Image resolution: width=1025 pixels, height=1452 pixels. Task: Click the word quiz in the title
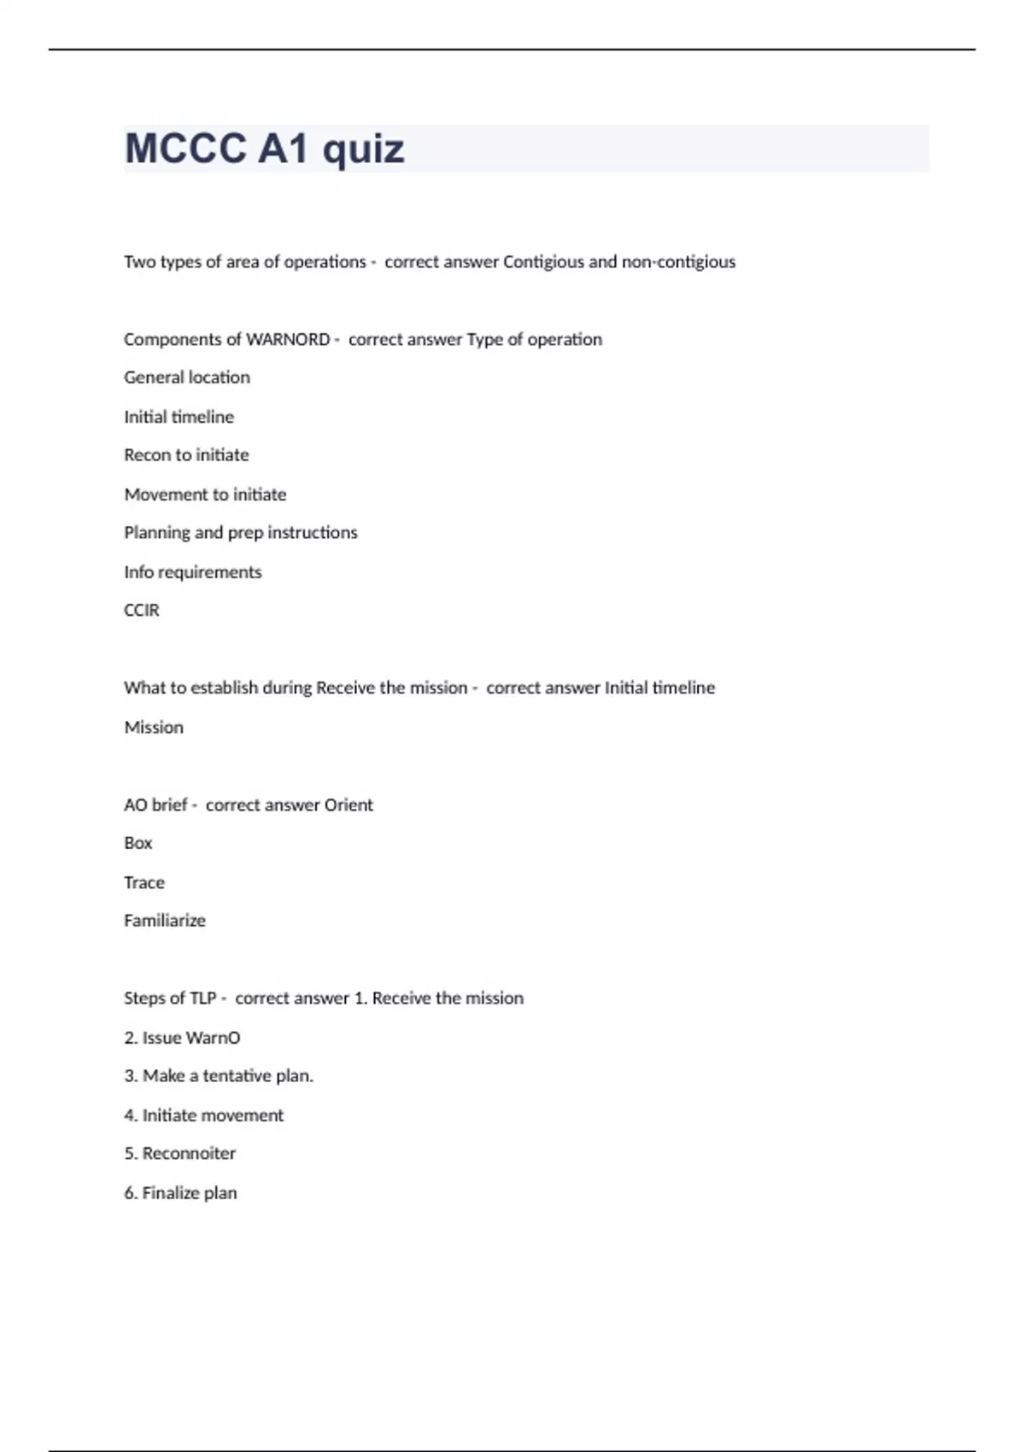point(363,149)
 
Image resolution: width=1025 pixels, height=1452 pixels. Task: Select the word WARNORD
point(288,340)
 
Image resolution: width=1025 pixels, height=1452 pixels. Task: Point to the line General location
point(187,378)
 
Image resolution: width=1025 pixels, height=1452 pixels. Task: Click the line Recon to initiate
point(186,455)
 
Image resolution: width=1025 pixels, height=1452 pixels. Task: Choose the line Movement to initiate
point(205,495)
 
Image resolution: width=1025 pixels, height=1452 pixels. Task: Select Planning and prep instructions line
point(241,533)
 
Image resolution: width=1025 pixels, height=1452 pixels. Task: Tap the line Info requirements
point(193,572)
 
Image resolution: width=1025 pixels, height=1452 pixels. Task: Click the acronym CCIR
point(142,611)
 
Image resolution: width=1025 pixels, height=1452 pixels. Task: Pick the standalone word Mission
point(154,728)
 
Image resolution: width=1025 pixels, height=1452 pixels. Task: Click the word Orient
point(348,805)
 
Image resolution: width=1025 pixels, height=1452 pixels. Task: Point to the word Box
point(138,844)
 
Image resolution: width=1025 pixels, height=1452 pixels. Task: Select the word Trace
point(144,883)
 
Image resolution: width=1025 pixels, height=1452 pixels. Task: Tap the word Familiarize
point(165,921)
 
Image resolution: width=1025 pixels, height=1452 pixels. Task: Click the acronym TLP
point(203,998)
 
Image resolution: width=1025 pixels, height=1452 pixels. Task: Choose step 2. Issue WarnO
point(182,1038)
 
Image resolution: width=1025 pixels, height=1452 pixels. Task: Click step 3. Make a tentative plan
point(219,1076)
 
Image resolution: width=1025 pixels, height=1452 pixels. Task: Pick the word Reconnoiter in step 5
point(189,1154)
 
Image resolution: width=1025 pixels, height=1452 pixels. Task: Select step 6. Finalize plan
point(180,1193)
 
